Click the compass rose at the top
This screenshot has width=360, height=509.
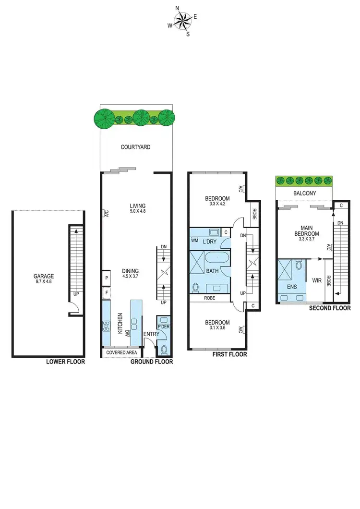[181, 21]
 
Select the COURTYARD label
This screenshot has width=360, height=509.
[136, 147]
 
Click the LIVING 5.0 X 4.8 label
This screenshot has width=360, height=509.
[137, 208]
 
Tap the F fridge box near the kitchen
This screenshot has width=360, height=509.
[106, 292]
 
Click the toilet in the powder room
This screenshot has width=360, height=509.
[164, 349]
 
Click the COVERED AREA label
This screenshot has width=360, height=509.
[122, 352]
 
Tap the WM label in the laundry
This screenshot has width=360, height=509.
[195, 240]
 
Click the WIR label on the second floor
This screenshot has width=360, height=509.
[316, 280]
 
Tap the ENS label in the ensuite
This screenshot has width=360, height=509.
[291, 287]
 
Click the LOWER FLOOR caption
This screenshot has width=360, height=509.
[65, 362]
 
